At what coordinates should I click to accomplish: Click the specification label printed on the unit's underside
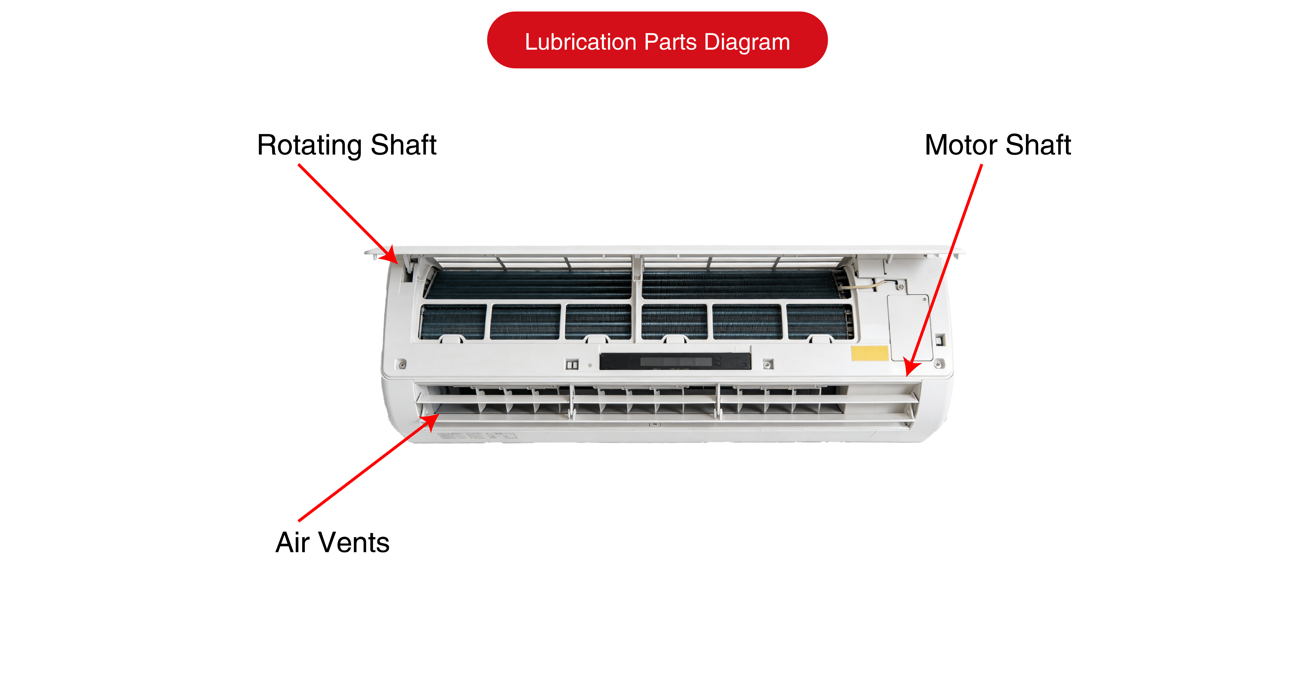click(x=477, y=435)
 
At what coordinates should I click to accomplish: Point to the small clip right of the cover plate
click(x=940, y=340)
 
